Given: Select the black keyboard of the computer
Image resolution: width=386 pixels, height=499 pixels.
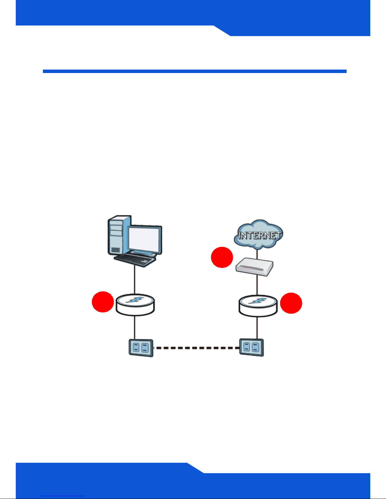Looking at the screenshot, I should click(x=135, y=260).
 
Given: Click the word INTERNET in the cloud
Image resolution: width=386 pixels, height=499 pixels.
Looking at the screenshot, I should click(x=259, y=235).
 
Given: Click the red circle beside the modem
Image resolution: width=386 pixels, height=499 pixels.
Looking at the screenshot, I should click(x=222, y=257).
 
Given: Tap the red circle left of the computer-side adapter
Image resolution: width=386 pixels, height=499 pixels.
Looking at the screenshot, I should click(x=103, y=302).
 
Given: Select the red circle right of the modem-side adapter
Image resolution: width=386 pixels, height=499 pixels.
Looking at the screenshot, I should click(x=291, y=303).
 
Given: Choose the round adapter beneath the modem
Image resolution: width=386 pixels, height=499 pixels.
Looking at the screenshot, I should click(x=258, y=305).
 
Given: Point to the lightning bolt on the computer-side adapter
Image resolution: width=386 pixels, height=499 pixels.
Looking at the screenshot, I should click(x=135, y=300).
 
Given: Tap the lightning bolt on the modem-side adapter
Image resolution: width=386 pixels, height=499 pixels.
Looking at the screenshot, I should click(x=258, y=300).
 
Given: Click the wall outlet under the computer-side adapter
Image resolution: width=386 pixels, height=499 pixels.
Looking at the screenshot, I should click(x=141, y=348).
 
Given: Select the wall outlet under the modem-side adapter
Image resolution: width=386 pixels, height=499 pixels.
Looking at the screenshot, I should click(x=251, y=347).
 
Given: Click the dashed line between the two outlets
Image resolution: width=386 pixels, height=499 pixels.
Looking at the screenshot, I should click(x=196, y=348).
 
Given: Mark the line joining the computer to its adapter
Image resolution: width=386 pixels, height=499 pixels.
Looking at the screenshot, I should click(x=135, y=280).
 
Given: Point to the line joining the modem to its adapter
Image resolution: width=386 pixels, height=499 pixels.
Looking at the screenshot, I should click(x=258, y=286).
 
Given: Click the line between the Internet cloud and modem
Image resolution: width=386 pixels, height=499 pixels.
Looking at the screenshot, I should click(x=258, y=253).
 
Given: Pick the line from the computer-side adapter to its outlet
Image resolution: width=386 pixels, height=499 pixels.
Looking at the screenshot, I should click(x=135, y=327).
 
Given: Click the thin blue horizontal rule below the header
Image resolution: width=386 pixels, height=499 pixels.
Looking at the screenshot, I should click(x=194, y=71).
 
